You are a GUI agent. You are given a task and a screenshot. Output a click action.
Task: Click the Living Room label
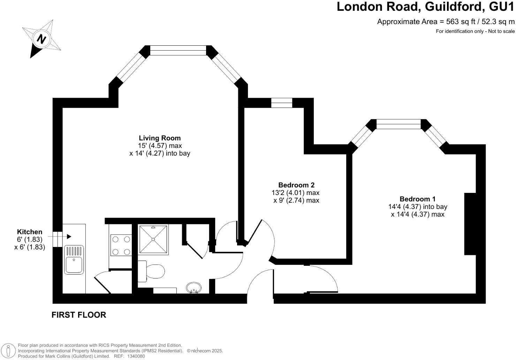coord(160,138)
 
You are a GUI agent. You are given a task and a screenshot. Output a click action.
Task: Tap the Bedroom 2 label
coord(296,185)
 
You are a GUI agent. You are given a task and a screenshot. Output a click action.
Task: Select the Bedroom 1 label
coord(417,199)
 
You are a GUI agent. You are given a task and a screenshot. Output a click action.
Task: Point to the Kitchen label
coord(30,232)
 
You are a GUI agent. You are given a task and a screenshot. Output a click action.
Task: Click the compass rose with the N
coord(42,39)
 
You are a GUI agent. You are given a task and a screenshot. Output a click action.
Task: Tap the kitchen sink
coord(74,260)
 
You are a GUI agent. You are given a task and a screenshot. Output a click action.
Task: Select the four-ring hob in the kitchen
coord(120,245)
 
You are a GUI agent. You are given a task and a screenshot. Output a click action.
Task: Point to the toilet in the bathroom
coord(152,271)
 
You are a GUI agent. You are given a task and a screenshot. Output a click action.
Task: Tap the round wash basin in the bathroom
coord(193,288)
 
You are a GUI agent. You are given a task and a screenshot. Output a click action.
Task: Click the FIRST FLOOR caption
coord(79,315)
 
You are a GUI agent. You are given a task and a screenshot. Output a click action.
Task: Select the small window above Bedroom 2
coord(282,103)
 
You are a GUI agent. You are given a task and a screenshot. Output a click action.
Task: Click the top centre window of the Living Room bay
coord(178,51)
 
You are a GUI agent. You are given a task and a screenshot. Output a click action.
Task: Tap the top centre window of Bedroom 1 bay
coord(399,124)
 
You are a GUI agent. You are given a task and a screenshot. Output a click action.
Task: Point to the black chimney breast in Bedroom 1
coord(470,224)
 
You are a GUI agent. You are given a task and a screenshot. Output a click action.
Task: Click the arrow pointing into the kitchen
coord(68,237)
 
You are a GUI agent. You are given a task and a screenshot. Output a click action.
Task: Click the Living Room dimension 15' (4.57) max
coord(160,146)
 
